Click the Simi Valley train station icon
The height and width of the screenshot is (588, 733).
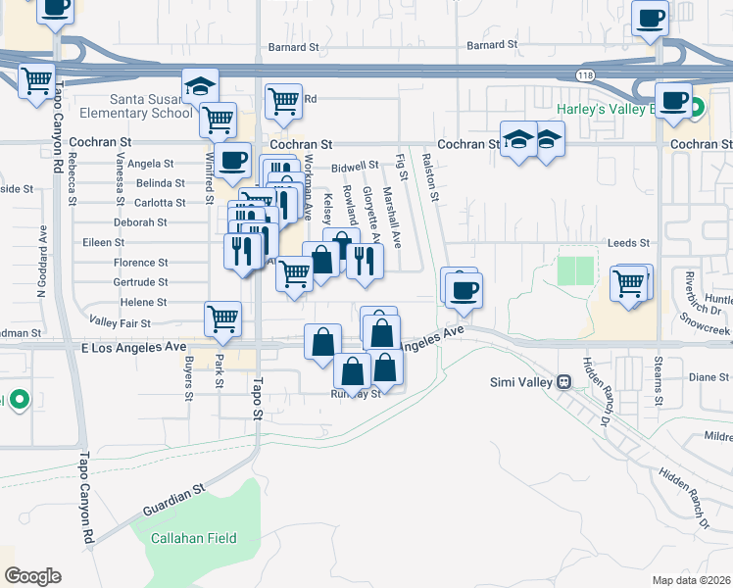[x=564, y=381]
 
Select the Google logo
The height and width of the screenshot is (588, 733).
[x=31, y=575]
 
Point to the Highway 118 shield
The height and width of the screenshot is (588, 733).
[x=585, y=74]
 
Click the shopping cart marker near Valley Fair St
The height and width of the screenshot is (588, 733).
[x=222, y=318]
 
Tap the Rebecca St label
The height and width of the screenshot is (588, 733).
[x=73, y=180]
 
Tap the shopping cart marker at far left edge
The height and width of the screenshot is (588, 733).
[x=36, y=80]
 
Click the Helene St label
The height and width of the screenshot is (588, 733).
[x=143, y=303]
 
